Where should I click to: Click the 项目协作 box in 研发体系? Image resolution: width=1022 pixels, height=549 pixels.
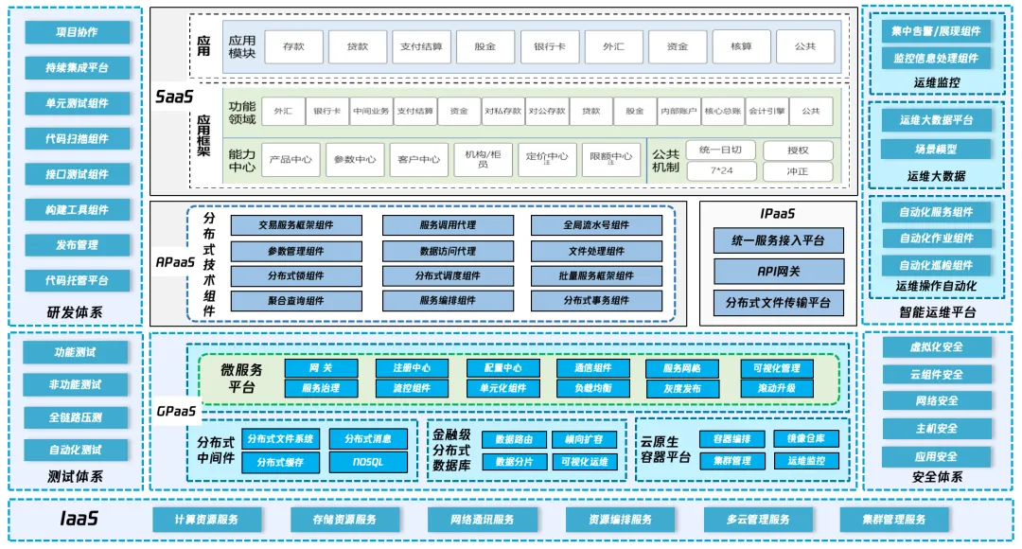point(77,32)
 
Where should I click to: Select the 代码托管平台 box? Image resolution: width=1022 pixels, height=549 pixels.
point(77,280)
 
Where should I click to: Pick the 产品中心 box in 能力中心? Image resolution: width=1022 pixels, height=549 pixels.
point(291,159)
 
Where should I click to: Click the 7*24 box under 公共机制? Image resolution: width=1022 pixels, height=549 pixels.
point(727,171)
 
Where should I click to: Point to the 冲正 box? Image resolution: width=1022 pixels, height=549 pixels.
point(798,171)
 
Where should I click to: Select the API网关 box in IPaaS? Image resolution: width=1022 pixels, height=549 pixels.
point(779,272)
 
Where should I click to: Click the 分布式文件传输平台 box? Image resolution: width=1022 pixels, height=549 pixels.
point(779,303)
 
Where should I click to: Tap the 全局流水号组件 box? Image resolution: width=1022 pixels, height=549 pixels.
point(596,225)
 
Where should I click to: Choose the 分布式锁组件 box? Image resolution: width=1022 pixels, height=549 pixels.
point(296,276)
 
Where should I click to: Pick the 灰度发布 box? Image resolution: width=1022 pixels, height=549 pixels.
point(681,388)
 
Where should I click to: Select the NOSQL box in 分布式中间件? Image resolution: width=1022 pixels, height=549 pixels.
point(368,462)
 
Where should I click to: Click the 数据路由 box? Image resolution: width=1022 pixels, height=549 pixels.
point(514,439)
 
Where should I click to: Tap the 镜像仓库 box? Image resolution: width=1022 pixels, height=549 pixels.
point(806,438)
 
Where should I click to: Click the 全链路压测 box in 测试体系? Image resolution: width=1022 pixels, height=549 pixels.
point(77,417)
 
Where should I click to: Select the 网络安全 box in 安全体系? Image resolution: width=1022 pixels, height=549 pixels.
point(937,401)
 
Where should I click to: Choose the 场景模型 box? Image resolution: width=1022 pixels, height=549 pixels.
point(935,150)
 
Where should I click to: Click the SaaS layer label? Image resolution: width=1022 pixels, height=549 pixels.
point(174,97)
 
